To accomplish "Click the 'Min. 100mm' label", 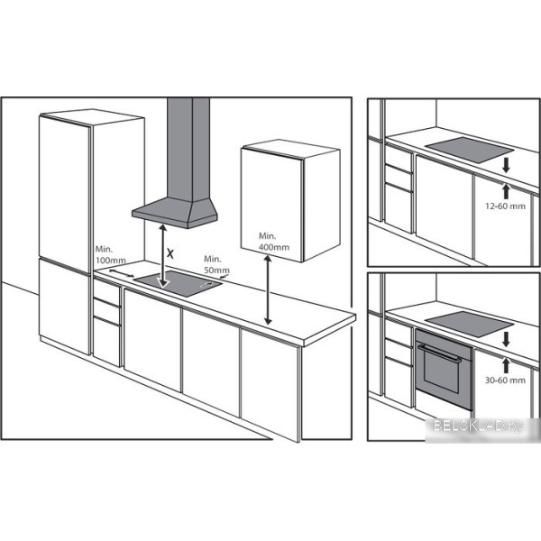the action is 110,254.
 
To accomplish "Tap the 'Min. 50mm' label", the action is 216,264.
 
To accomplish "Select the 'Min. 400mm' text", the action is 274,242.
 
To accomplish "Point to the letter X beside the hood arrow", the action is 170,253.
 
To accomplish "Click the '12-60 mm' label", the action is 506,206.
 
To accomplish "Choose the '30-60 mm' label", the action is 505,381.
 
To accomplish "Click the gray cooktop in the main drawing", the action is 178,284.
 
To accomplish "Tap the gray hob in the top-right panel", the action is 470,150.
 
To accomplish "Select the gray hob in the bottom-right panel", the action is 470,325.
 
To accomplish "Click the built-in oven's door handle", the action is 440,353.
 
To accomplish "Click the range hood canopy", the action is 175,212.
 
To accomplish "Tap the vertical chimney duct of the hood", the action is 188,149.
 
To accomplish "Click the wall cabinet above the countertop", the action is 289,200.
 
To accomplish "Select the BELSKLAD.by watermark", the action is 478,426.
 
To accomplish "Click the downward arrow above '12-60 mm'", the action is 506,165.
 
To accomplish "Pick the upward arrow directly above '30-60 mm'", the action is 506,366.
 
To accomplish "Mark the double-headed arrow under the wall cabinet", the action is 268,289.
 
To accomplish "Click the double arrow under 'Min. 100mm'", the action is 122,273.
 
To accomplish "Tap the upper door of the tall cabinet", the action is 66,193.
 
